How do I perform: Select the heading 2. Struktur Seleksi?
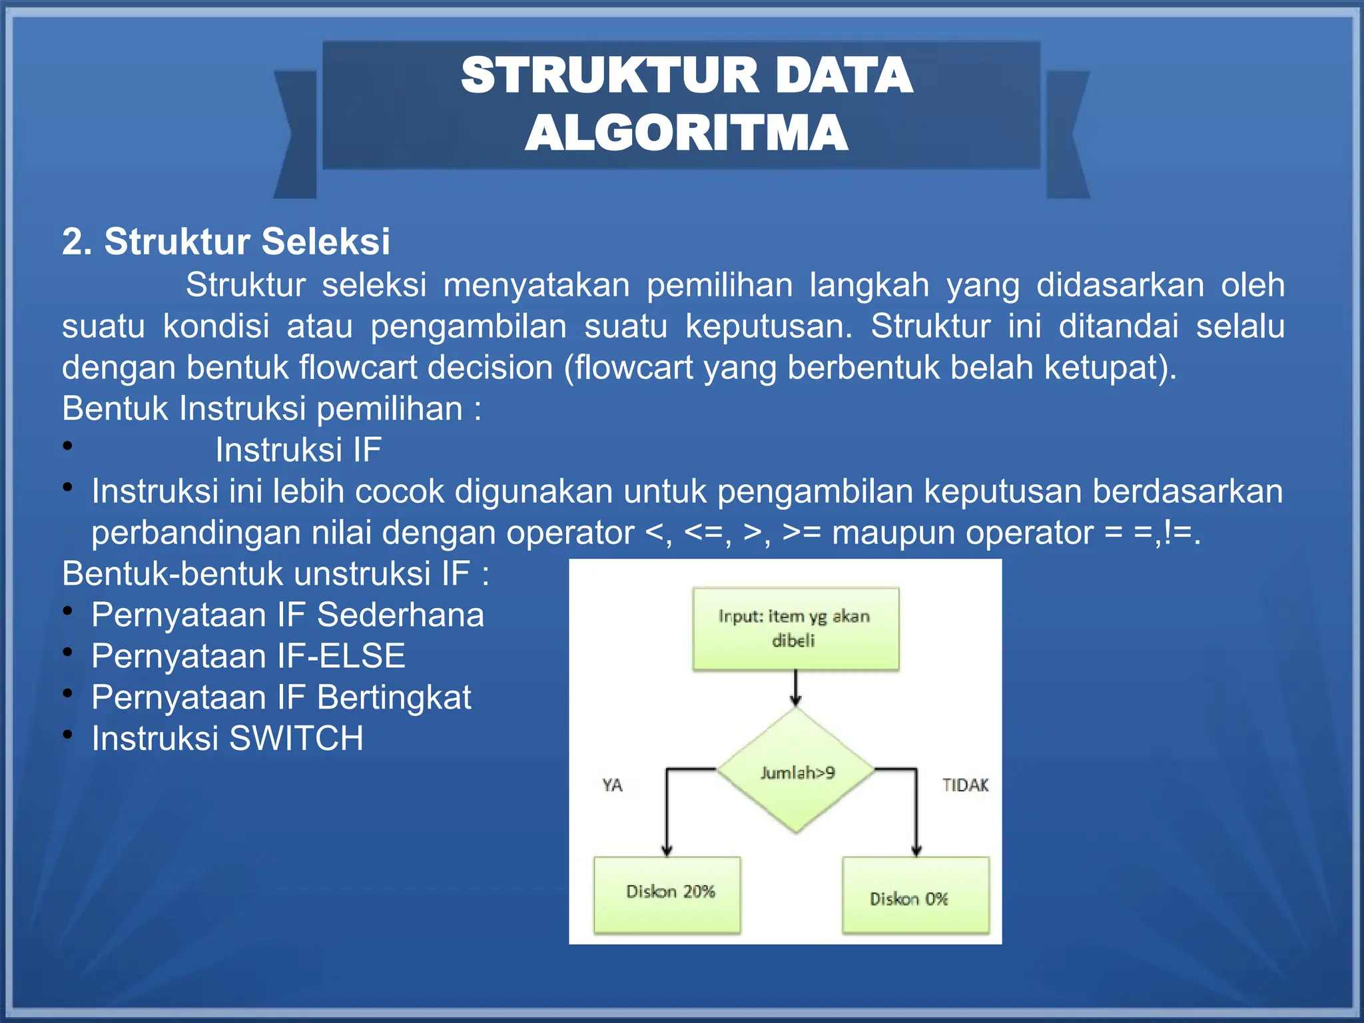click(226, 241)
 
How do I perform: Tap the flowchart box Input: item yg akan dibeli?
click(795, 628)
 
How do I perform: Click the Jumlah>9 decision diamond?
click(797, 771)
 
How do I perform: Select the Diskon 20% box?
click(667, 894)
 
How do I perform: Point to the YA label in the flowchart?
click(612, 785)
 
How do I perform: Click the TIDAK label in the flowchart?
click(965, 785)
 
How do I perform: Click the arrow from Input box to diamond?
click(796, 687)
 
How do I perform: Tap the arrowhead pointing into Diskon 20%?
click(667, 850)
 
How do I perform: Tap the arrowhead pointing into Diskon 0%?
click(916, 850)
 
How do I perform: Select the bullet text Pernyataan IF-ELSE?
click(248, 656)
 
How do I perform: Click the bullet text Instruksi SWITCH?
click(228, 739)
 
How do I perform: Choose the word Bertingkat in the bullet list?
click(394, 697)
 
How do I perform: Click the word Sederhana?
click(400, 615)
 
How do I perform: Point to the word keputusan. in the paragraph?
click(769, 326)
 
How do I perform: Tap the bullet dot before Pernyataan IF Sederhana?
click(68, 610)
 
